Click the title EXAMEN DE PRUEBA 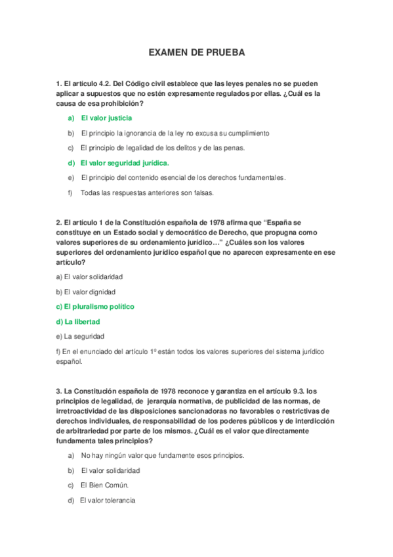point(196,52)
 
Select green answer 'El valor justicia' point(106,118)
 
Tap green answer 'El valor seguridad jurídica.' point(125,163)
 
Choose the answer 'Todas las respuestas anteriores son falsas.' point(147,192)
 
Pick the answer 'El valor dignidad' point(90,292)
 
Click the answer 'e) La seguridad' point(77,336)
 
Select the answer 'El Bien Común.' point(104,485)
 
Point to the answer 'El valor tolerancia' point(108,501)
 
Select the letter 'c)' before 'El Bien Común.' point(71,485)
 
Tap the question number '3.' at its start point(59,392)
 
